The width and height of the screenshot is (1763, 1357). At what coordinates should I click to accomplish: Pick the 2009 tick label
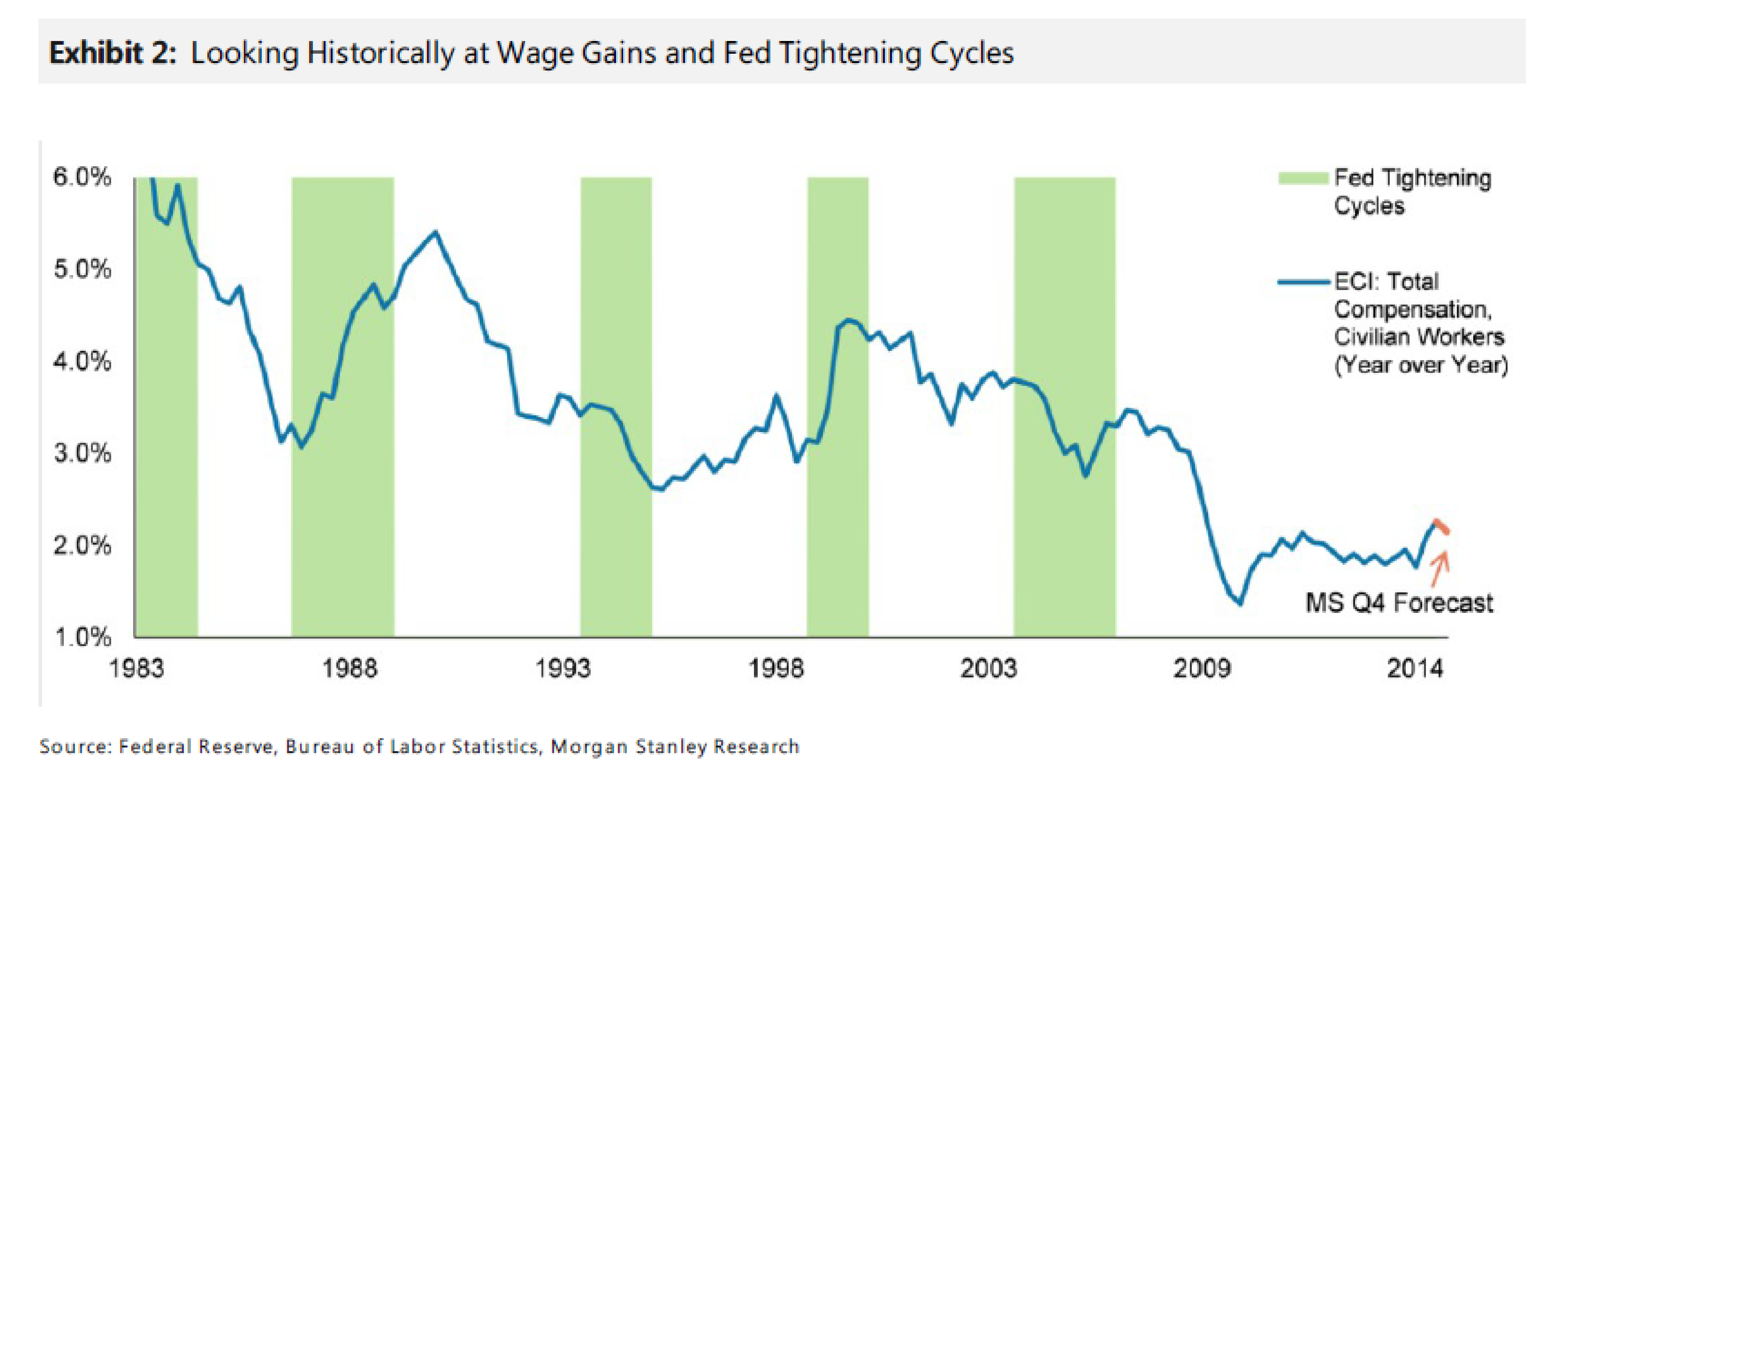pyautogui.click(x=1202, y=668)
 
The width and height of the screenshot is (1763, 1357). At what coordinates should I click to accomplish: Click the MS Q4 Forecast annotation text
pyautogui.click(x=1399, y=603)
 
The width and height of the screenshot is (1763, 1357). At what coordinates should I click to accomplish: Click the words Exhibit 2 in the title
pyautogui.click(x=112, y=53)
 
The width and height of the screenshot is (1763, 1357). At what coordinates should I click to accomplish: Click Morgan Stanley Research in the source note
pyautogui.click(x=675, y=747)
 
